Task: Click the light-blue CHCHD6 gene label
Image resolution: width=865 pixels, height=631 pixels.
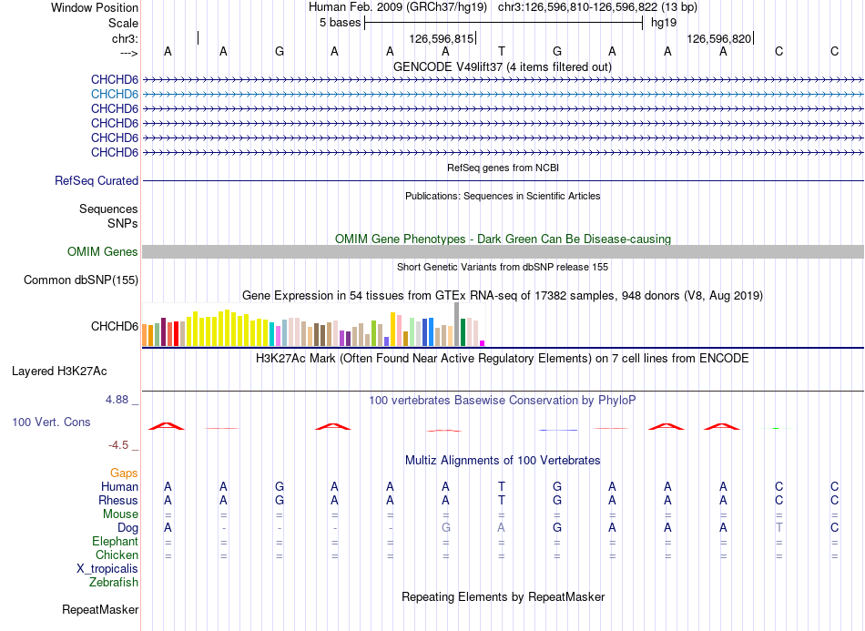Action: pos(115,95)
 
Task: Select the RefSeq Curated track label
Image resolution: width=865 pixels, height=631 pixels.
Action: pos(97,181)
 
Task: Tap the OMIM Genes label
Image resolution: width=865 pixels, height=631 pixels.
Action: pos(103,252)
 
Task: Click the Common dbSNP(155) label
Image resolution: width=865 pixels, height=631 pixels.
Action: pos(81,280)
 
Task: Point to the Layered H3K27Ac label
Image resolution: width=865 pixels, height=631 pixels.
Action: pos(59,371)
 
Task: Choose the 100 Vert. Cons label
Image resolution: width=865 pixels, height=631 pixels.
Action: pos(51,422)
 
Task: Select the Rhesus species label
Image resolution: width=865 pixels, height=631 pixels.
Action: pos(118,500)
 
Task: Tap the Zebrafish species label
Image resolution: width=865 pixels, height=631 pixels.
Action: pos(114,583)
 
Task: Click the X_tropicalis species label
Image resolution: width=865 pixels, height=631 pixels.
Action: pos(107,569)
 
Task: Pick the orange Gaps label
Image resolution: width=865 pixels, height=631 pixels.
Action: pos(124,473)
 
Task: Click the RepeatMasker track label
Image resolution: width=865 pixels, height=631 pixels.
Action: pos(100,610)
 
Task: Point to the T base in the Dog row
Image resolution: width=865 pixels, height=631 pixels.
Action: pos(778,528)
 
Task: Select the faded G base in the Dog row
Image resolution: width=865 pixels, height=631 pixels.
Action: pos(446,528)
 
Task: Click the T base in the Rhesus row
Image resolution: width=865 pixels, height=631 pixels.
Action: pos(502,500)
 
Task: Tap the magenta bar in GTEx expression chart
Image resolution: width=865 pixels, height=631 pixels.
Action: pos(483,343)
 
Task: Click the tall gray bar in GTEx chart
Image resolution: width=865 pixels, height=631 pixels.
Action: pos(457,324)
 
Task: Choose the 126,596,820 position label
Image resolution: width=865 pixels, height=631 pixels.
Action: pos(718,38)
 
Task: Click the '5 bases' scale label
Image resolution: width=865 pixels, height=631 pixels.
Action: pos(340,23)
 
